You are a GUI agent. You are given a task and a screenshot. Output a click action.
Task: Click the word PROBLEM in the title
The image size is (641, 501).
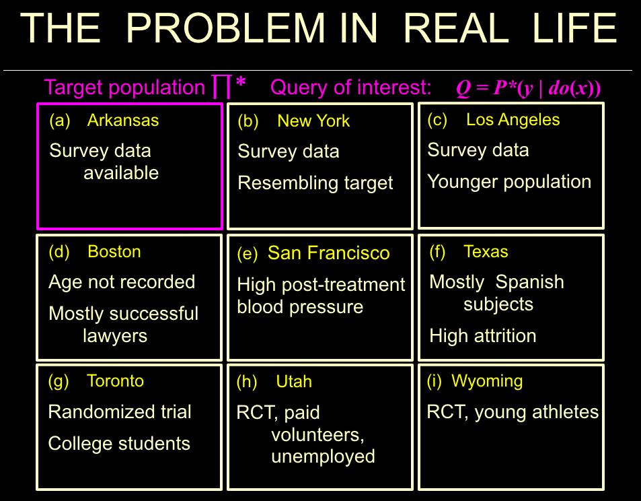[225, 28]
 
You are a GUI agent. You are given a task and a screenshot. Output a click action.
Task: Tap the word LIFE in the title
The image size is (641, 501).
[574, 28]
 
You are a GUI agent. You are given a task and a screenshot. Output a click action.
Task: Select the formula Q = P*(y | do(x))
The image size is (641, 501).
[528, 88]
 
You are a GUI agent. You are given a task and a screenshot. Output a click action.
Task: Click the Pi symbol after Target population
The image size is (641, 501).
[221, 86]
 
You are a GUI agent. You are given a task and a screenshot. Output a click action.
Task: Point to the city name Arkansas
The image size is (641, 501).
[123, 121]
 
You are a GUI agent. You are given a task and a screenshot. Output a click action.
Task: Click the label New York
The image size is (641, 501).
[313, 121]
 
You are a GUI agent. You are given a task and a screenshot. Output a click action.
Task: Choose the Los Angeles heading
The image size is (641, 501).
[513, 120]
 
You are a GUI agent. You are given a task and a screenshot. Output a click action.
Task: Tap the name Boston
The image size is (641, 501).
[114, 251]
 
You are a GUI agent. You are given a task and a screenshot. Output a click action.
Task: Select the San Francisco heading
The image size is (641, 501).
[329, 253]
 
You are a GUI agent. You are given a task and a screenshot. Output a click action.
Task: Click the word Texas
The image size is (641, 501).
[486, 251]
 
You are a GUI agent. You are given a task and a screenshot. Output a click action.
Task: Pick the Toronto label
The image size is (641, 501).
[115, 381]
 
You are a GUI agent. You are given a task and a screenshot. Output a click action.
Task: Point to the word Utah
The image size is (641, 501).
[294, 382]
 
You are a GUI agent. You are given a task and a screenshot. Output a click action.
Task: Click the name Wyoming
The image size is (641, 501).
[487, 381]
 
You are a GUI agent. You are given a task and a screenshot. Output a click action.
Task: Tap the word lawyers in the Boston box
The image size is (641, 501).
[115, 336]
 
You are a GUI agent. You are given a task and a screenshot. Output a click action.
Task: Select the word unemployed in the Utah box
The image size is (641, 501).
[323, 457]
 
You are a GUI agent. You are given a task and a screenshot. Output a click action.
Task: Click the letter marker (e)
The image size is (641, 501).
[248, 254]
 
